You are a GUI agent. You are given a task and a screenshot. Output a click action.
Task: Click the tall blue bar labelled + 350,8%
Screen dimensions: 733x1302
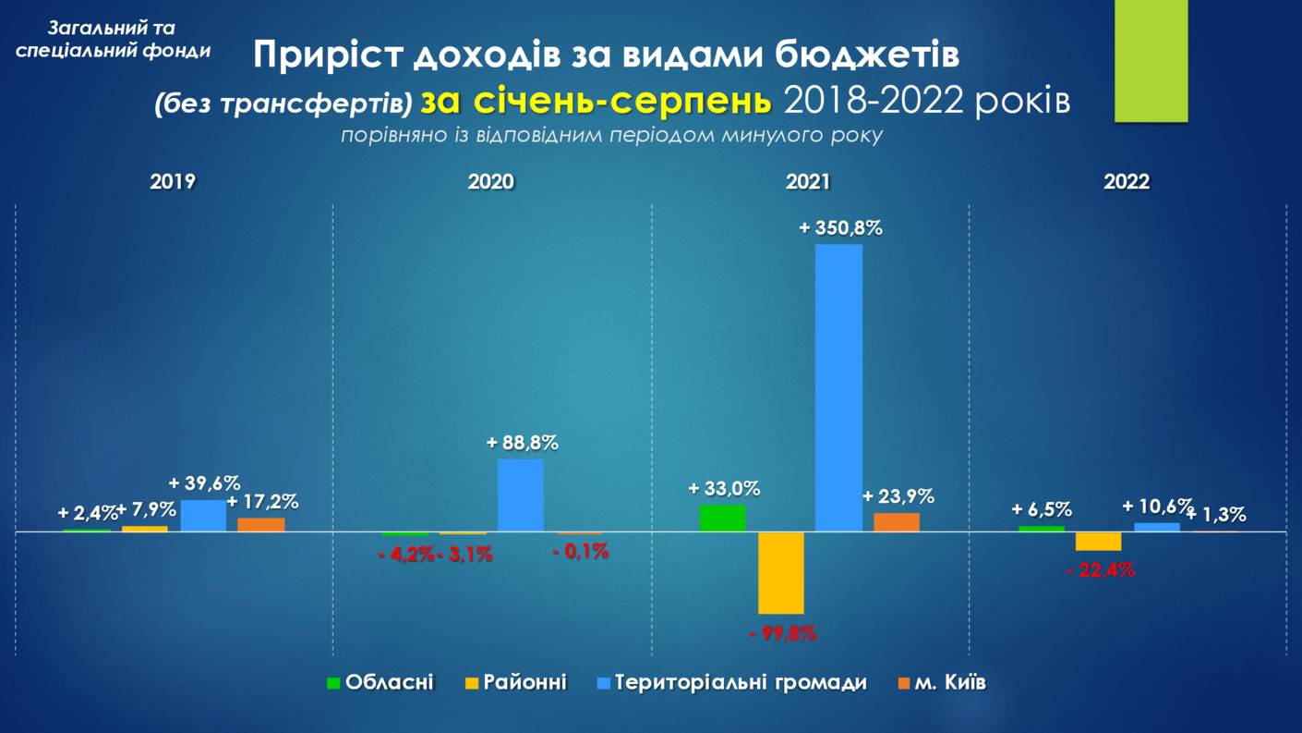tap(838, 388)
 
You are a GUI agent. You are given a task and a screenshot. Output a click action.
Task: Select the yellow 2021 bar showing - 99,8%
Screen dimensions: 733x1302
tap(781, 572)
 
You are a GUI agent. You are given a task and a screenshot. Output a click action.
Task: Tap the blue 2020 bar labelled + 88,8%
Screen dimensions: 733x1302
tap(521, 495)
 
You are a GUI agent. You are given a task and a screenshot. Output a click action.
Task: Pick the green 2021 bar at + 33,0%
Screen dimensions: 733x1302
tap(722, 518)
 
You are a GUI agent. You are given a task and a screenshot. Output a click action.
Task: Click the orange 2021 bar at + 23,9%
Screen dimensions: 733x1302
tap(897, 522)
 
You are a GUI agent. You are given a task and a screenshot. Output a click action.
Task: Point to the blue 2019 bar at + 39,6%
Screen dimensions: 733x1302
tap(203, 516)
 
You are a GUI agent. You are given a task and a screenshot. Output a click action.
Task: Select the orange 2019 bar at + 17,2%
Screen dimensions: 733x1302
tap(261, 525)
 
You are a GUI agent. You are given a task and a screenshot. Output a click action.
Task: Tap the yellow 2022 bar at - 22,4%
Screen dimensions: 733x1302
tap(1099, 541)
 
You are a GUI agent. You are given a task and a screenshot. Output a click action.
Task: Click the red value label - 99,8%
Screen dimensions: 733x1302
tap(782, 634)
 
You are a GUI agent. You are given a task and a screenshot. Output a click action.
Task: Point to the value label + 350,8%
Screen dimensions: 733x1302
tap(840, 227)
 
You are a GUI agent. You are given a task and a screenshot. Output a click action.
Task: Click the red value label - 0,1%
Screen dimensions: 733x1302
tap(581, 552)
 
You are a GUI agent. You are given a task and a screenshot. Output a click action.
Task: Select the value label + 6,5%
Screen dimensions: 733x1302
tap(1042, 509)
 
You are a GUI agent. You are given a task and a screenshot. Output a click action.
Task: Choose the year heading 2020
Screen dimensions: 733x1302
tap(491, 182)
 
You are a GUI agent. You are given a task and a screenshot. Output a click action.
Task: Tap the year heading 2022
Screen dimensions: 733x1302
tap(1127, 182)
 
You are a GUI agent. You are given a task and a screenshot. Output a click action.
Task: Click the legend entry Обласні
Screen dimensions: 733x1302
tap(389, 683)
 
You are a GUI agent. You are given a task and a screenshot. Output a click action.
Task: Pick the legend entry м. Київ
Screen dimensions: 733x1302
tap(950, 683)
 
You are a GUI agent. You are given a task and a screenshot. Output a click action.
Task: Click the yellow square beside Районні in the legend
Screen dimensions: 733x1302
tap(472, 684)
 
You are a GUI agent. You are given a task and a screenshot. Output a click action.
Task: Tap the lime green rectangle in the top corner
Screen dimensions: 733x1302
tap(1151, 60)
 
